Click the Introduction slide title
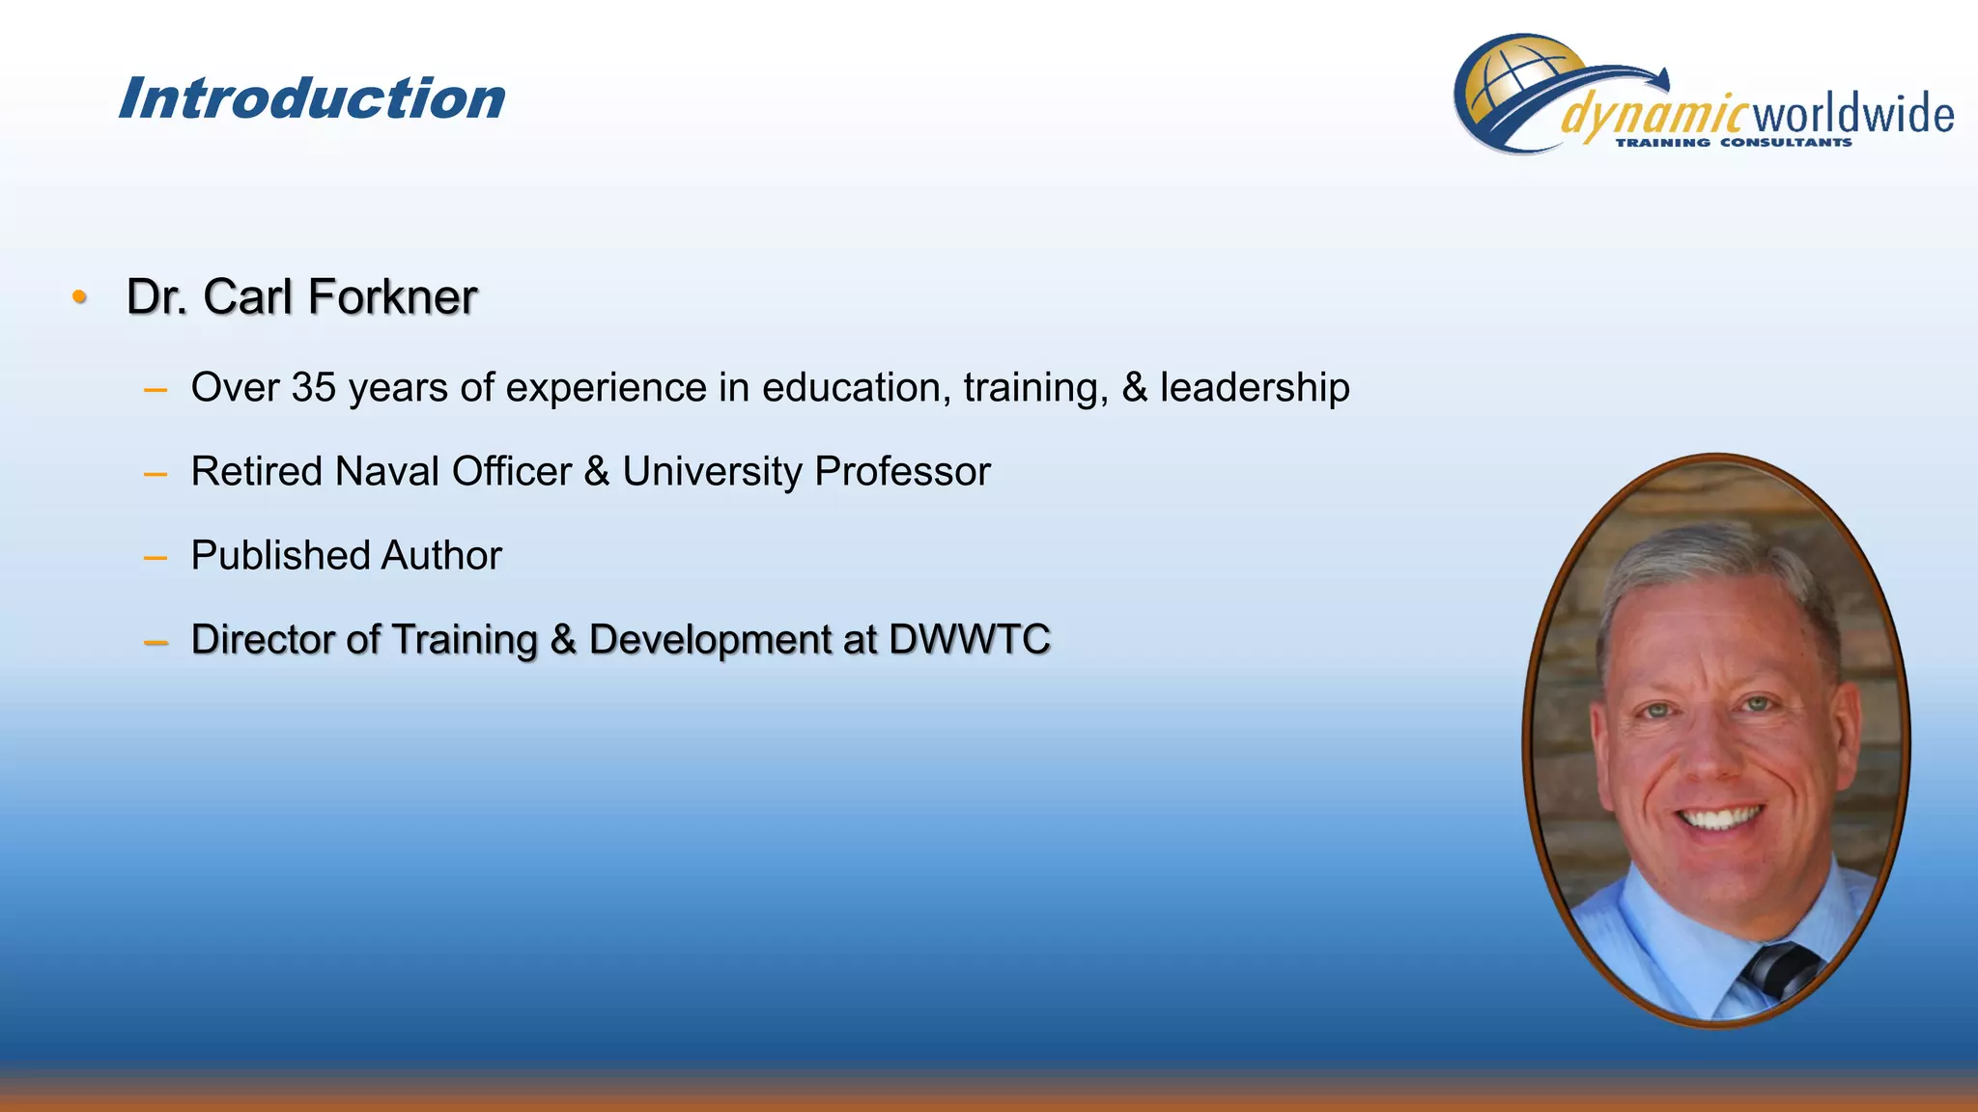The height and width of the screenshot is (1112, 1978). (x=311, y=98)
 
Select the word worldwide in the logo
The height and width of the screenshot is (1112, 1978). (x=1852, y=115)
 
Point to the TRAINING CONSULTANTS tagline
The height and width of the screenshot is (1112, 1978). (x=1733, y=143)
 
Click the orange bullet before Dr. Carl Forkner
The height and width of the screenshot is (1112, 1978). (x=80, y=296)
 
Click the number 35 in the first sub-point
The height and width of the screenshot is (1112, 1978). (x=314, y=387)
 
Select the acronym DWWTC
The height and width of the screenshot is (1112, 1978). (x=969, y=639)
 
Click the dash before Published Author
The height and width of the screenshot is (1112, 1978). (x=155, y=557)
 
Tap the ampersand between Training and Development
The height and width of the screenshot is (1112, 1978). (x=563, y=639)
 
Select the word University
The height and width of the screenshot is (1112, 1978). (x=712, y=471)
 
